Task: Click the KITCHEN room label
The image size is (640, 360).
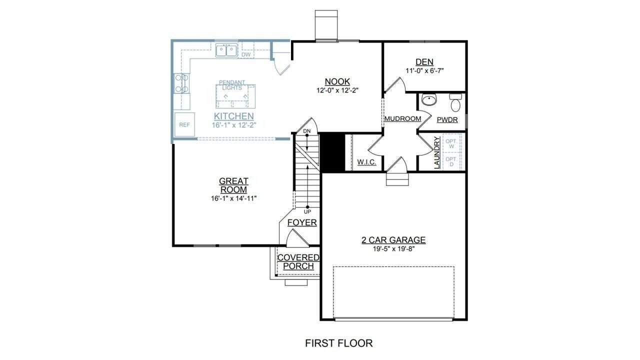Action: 234,116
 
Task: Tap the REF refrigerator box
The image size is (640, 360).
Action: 184,125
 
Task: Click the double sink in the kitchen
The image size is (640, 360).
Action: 226,50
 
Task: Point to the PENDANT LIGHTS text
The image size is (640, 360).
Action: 232,85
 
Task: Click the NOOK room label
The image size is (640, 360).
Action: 337,81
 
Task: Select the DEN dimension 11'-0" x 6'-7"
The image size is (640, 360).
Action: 424,71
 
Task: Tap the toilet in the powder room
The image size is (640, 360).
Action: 455,104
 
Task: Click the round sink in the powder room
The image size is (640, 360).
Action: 428,100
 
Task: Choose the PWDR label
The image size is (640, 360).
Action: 447,120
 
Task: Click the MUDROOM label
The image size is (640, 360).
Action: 402,118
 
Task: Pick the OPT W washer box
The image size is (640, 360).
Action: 451,143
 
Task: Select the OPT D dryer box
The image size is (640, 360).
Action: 451,161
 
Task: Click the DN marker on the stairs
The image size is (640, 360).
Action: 307,131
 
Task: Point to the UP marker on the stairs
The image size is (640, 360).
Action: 307,212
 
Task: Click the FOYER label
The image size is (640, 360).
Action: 302,222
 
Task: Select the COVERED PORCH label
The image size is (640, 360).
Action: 298,262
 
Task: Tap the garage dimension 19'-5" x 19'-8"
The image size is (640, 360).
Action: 393,249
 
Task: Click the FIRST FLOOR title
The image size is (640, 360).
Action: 338,343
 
